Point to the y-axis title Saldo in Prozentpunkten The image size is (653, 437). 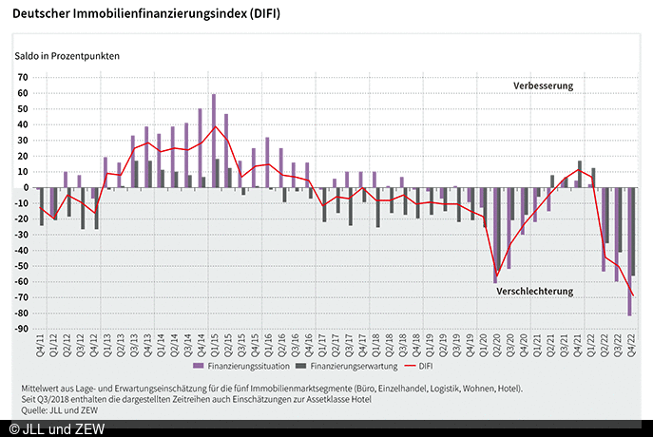tap(67, 55)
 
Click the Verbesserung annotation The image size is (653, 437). tap(544, 85)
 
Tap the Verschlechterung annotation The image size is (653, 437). tap(535, 291)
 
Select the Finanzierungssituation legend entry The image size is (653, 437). tap(241, 366)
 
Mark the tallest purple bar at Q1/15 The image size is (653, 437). tap(214, 141)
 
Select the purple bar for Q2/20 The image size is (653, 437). tap(495, 235)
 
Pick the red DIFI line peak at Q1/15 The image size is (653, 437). tap(216, 126)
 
